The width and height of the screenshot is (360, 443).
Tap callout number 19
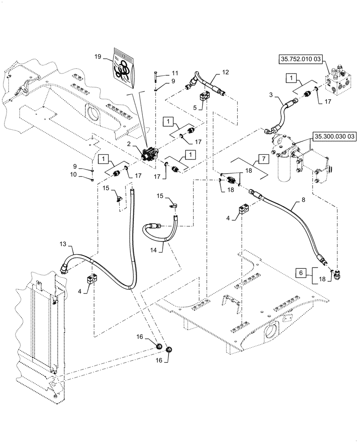(98, 57)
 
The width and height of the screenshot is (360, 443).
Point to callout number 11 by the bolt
(175, 73)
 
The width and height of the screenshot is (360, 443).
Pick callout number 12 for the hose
(226, 72)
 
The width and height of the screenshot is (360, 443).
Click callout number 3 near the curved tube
(271, 94)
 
